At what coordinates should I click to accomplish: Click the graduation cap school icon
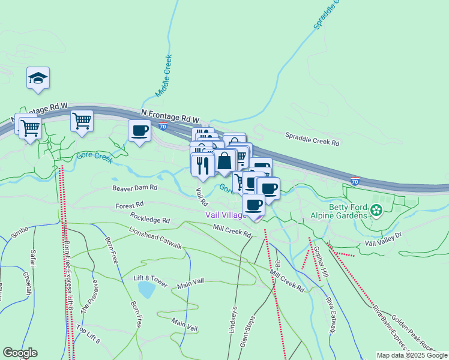[38, 78]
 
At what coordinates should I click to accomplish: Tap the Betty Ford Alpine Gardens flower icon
[376, 210]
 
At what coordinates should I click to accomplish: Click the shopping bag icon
[224, 161]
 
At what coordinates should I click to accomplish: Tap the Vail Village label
[225, 215]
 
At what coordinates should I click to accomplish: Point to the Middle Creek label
[163, 76]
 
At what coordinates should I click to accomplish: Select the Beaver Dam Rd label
[134, 188]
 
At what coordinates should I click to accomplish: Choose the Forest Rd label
[128, 206]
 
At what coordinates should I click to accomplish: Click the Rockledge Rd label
[149, 220]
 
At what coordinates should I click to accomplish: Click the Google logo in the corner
[20, 353]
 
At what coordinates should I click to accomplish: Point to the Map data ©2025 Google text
[411, 355]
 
